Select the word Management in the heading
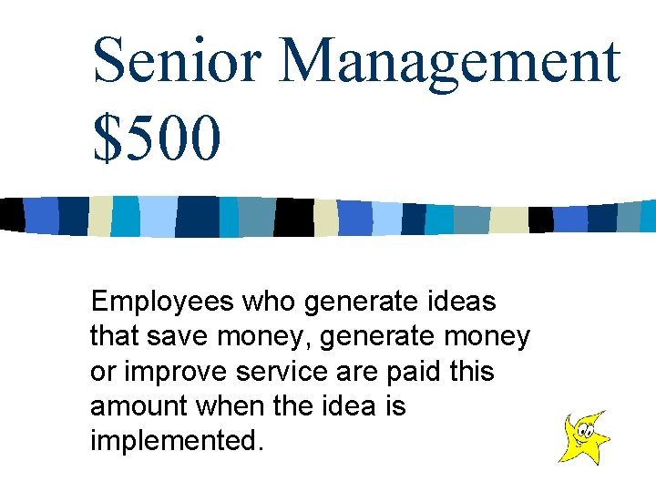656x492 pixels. coord(450,62)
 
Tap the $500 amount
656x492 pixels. coord(156,137)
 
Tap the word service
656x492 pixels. coord(286,372)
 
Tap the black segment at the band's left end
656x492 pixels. coord(10,213)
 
